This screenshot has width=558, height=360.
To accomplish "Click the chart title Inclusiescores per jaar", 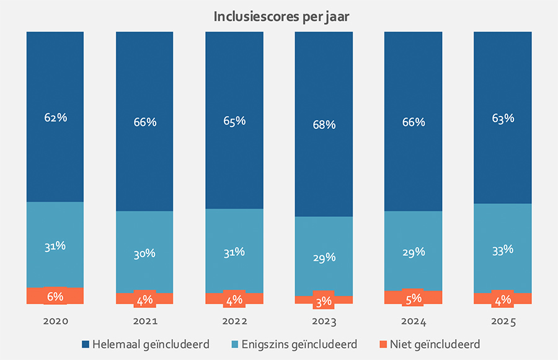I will pos(281,16).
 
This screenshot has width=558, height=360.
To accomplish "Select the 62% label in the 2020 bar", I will pos(55,117).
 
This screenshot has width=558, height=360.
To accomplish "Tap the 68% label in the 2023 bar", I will pos(324,125).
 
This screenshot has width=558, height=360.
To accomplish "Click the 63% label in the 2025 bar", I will pos(502,117).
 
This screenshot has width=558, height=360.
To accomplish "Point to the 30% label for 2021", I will pos(144,253).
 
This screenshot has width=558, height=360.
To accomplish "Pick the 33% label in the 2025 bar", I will pos(502,250).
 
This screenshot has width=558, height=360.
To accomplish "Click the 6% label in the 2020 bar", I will pos(55,296).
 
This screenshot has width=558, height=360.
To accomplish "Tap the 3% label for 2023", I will pos(324,302).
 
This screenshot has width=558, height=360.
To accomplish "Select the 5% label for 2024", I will pos(413,298).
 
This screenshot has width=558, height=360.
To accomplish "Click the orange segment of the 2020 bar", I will pos(37,296).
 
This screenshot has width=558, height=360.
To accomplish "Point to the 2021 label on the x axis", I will pos(144,322).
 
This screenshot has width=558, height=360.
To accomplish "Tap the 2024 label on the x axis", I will pos(413,322).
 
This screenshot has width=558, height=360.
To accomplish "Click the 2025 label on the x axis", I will pos(502,322).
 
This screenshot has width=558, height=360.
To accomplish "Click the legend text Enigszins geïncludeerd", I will pos(299,344).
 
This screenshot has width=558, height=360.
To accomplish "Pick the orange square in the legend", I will pos(383,344).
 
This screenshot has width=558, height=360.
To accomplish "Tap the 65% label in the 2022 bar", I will pos(234,120).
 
